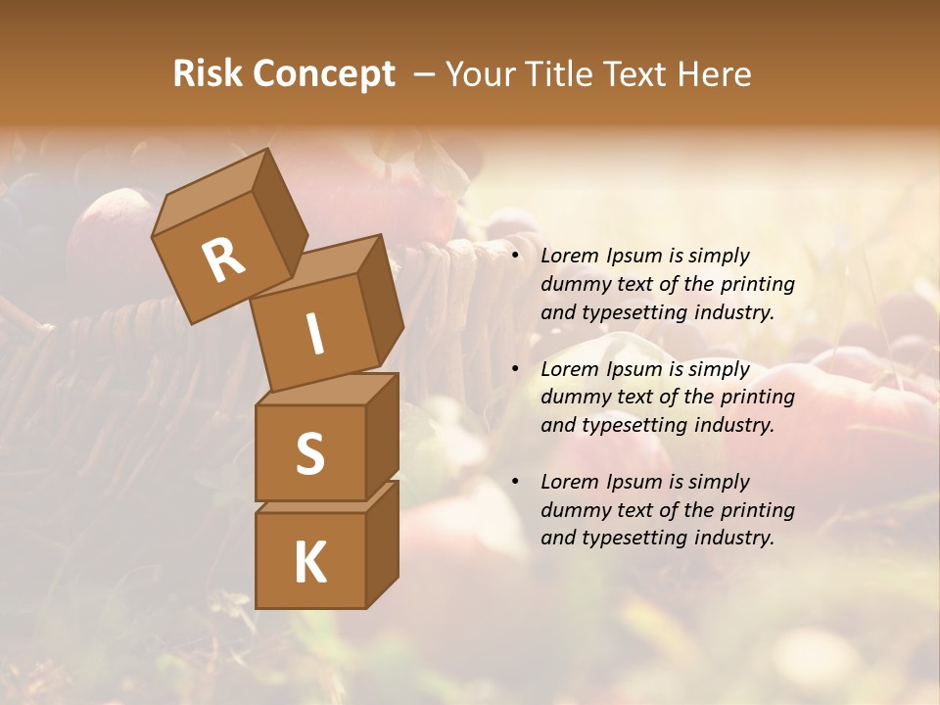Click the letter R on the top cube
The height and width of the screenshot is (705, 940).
click(223, 260)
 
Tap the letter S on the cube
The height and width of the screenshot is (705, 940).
click(309, 453)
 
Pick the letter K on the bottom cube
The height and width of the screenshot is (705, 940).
click(309, 562)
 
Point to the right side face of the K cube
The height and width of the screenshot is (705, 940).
click(382, 546)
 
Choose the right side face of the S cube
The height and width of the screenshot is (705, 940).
click(382, 435)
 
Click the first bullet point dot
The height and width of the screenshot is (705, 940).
click(515, 257)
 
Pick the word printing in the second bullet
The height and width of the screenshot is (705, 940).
click(758, 398)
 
